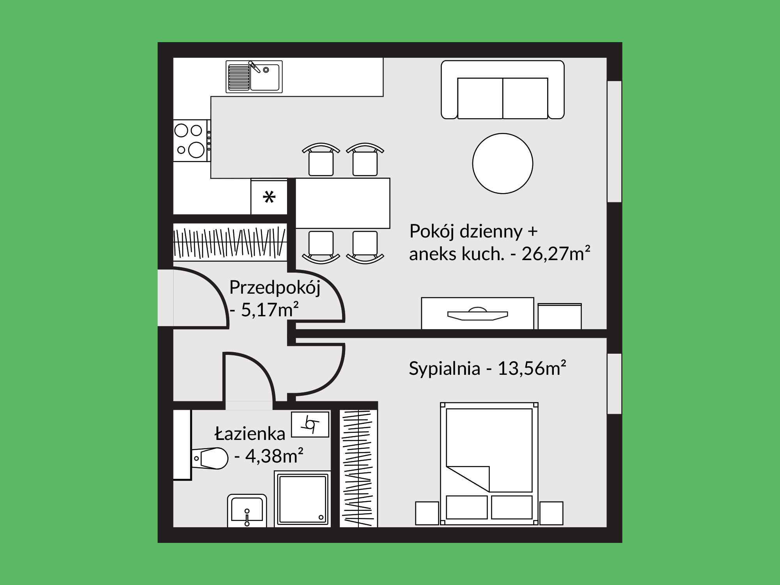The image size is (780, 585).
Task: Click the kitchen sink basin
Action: (265, 77)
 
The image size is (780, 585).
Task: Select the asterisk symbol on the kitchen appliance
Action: (269, 197)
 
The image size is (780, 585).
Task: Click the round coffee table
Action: (503, 163)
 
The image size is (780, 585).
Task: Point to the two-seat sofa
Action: (503, 90)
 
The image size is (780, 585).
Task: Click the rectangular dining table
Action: (343, 203)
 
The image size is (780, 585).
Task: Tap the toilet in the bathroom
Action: (209, 458)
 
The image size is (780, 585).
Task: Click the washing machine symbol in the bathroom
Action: (310, 424)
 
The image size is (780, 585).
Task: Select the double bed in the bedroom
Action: (489, 464)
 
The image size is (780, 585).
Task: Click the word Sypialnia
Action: (444, 369)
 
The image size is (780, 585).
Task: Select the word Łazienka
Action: (250, 433)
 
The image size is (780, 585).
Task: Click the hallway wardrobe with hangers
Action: (230, 242)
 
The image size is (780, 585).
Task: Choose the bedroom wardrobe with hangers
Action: (358, 468)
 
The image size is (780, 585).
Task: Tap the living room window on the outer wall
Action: (614, 141)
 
